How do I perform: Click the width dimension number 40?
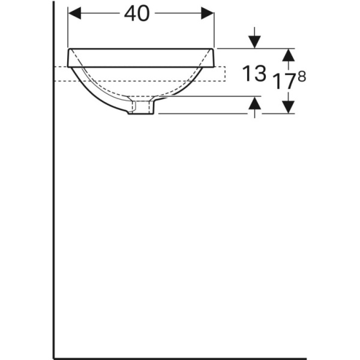tap(137, 14)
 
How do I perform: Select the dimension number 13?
tap(254, 74)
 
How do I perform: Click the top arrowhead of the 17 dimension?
tap(289, 55)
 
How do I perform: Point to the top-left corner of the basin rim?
tap(70, 49)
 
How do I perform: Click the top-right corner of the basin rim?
tap(215, 49)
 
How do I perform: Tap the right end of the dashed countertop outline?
tap(225, 73)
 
